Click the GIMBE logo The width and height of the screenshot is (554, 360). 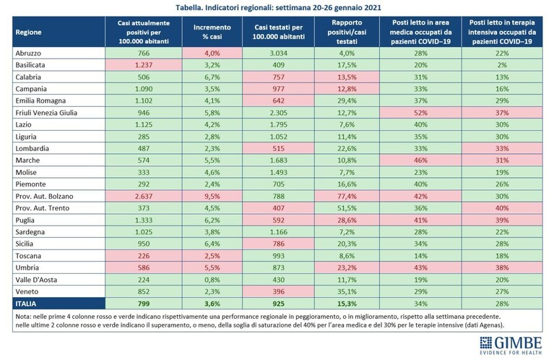(511, 345)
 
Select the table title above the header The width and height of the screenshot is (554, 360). (278, 7)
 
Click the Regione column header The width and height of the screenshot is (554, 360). (28, 33)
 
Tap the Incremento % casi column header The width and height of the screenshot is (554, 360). (212, 32)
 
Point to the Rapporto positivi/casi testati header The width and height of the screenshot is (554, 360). (347, 32)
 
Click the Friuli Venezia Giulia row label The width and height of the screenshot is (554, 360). (46, 113)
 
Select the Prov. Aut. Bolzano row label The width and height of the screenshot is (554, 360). (44, 197)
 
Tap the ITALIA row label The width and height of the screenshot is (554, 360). (26, 304)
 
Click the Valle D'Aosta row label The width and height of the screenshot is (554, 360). (36, 280)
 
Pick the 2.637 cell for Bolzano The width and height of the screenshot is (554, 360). (144, 197)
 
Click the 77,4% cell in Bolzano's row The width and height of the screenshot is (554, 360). (347, 197)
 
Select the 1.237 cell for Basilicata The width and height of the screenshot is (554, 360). (144, 65)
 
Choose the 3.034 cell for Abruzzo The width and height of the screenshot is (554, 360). (278, 53)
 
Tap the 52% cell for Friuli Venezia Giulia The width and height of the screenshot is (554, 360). (420, 113)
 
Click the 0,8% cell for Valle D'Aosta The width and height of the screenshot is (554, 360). (212, 280)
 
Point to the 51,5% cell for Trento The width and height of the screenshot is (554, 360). (347, 208)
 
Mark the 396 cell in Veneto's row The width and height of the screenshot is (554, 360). (278, 292)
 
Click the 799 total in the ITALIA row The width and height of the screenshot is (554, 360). (144, 304)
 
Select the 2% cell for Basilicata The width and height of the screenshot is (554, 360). (502, 65)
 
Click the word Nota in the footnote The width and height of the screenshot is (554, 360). (22, 317)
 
